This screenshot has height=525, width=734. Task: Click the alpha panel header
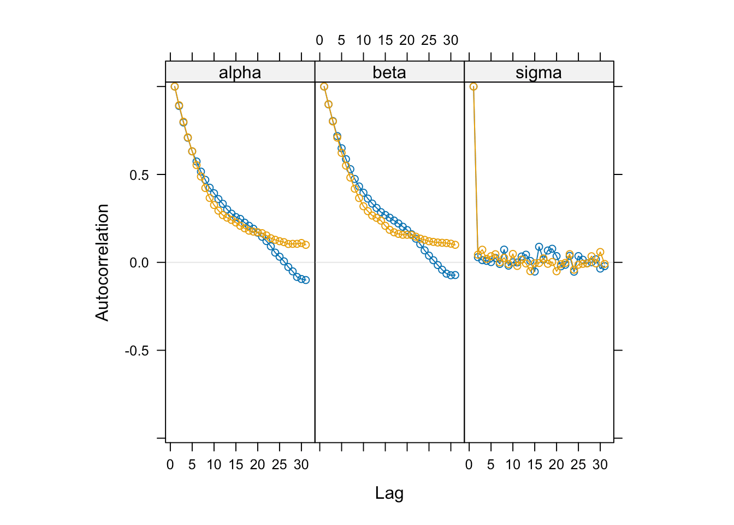tap(240, 73)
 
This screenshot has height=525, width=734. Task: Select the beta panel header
tap(389, 73)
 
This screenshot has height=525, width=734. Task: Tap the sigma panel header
tap(538, 73)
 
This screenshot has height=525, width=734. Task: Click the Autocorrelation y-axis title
tap(102, 262)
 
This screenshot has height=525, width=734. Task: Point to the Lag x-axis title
tap(389, 493)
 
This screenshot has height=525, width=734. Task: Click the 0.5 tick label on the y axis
tap(139, 175)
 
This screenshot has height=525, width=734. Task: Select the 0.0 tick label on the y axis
tap(139, 263)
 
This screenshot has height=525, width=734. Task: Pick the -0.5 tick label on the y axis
tap(137, 351)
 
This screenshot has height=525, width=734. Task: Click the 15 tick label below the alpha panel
tap(235, 465)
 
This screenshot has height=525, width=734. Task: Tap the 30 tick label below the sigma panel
tap(600, 465)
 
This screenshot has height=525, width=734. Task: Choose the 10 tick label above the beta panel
tap(363, 40)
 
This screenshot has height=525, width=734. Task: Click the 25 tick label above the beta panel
tap(429, 40)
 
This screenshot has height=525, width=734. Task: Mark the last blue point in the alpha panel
tap(306, 280)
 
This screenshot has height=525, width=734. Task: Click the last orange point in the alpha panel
tap(306, 245)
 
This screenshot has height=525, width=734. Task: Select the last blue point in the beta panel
tap(455, 275)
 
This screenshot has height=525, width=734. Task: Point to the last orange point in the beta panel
tap(455, 245)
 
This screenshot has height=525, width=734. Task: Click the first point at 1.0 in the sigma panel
tap(473, 86)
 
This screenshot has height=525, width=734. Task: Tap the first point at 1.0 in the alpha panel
tap(175, 86)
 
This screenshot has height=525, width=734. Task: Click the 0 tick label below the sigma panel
tap(469, 465)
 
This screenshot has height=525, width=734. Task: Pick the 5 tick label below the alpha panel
tap(192, 465)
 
